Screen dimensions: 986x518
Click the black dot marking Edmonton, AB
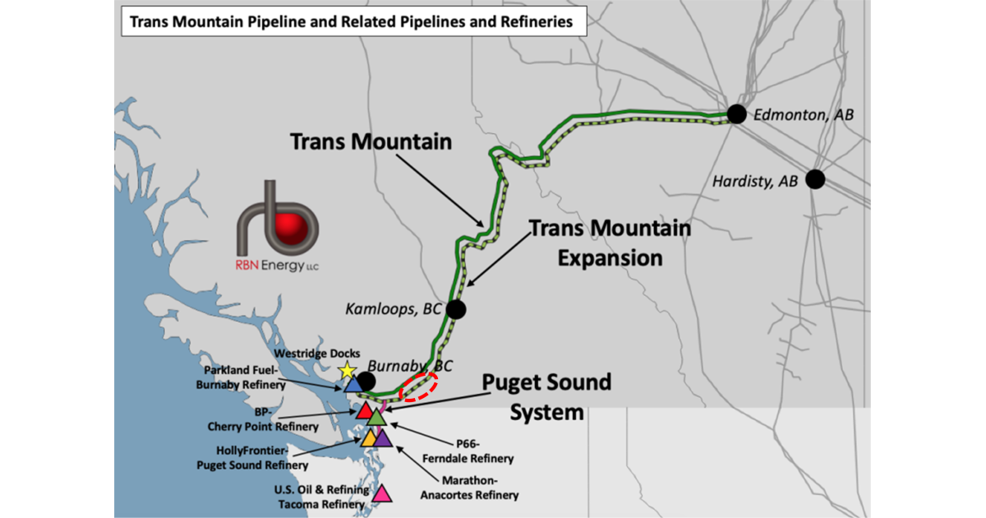coord(735,114)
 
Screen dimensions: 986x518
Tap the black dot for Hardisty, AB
coord(815,178)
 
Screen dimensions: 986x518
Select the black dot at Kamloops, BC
coord(455,309)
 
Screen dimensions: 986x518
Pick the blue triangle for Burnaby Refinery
coord(352,384)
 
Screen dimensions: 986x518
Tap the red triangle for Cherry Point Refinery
coord(365,409)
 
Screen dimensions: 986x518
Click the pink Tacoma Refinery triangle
coord(381,494)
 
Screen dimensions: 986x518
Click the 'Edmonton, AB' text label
coord(804,116)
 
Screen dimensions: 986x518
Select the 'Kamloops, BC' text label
coord(391,309)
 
